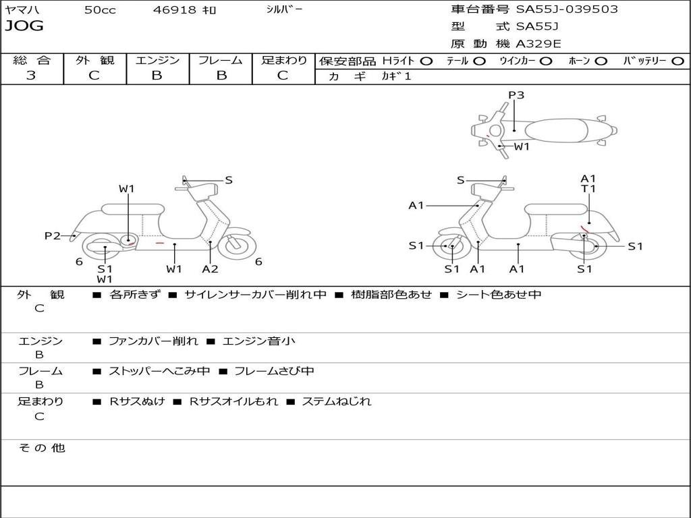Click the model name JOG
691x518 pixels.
24,26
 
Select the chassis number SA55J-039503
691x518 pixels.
567,9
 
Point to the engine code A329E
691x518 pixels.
538,44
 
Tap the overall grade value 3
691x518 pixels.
31,76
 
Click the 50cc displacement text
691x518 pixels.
100,9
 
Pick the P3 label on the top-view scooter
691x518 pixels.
516,94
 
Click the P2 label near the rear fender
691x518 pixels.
53,235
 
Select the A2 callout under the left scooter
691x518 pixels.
211,268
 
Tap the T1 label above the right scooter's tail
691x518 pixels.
588,189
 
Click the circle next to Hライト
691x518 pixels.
426,61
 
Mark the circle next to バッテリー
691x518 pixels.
678,61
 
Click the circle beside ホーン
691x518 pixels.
601,61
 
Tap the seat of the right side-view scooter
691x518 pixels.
556,209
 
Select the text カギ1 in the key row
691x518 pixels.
396,76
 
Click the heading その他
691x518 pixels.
41,448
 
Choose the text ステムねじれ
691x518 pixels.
337,401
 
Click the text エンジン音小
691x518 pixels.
259,341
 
